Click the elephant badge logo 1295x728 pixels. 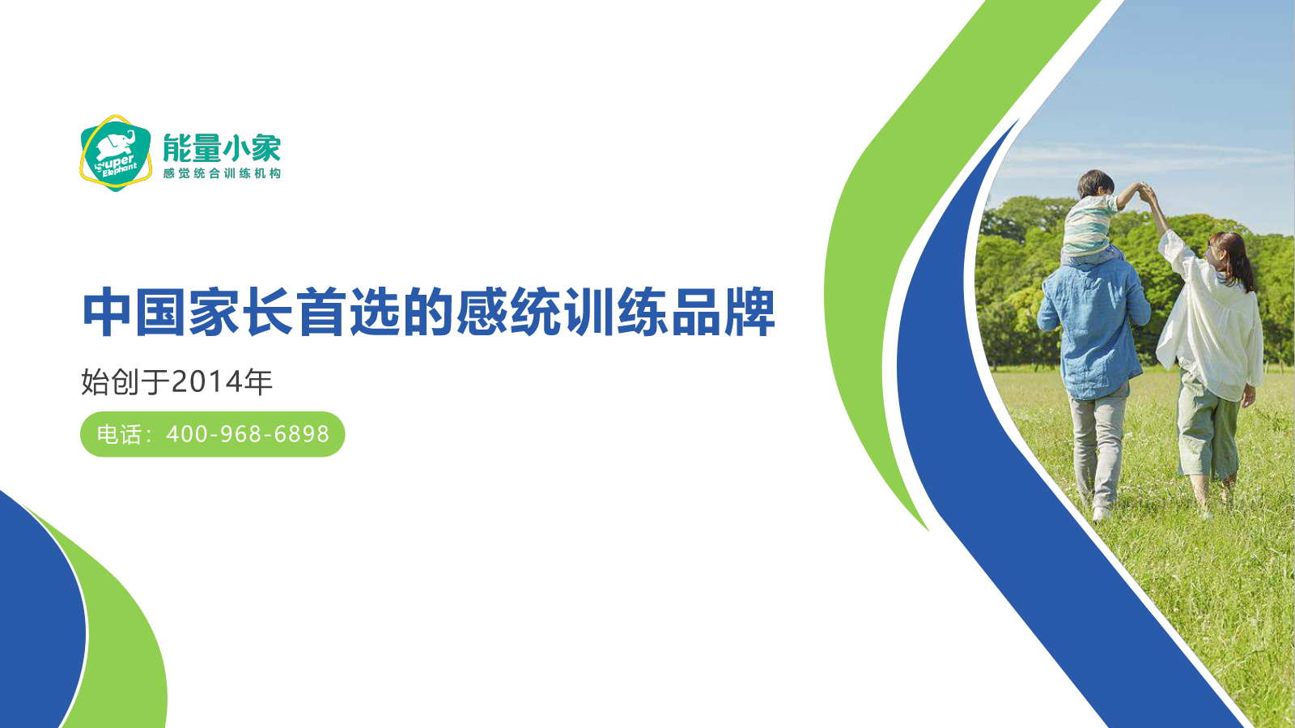click(116, 153)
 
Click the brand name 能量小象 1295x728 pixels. click(222, 148)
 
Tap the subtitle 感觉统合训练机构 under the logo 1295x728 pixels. click(222, 173)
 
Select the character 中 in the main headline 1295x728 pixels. click(106, 313)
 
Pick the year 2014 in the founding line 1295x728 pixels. click(207, 382)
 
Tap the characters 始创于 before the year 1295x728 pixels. click(125, 382)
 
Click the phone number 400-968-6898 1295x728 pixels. click(248, 434)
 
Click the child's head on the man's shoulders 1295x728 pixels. click(1096, 183)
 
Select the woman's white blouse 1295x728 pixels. click(1211, 324)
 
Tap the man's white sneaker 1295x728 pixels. click(1101, 513)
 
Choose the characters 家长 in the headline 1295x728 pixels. click(242, 313)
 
